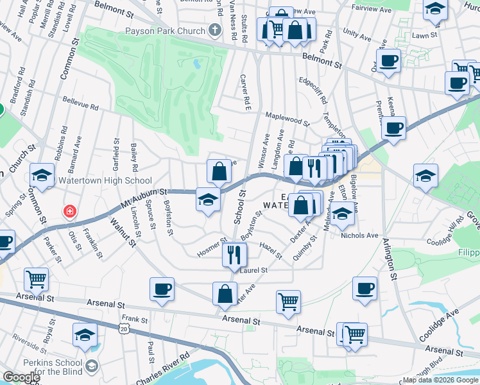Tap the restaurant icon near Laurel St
234,255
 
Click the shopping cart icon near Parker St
36,279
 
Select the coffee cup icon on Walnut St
162,289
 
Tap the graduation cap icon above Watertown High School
42,177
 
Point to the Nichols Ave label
359,235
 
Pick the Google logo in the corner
21,377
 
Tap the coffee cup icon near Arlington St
364,289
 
